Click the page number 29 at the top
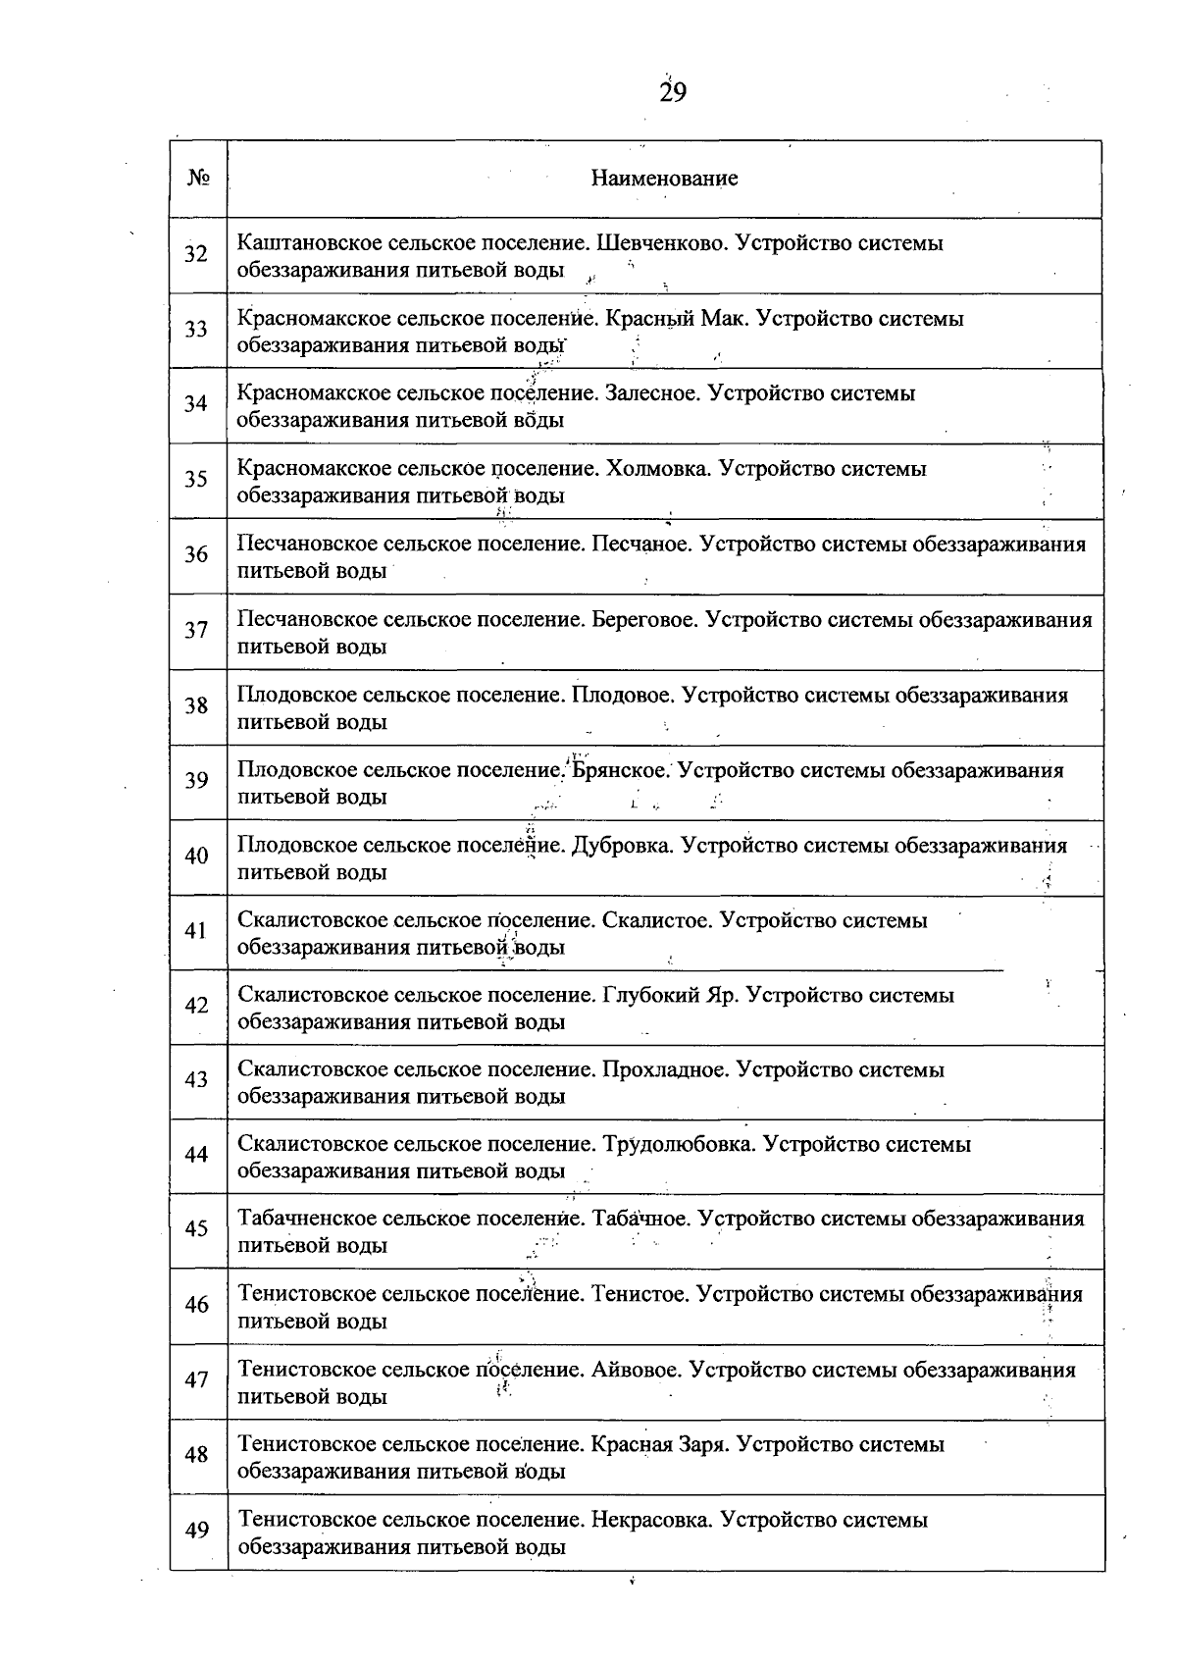pyautogui.click(x=673, y=93)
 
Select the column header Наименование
pyautogui.click(x=664, y=179)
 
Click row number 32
pyautogui.click(x=196, y=255)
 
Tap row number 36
pyautogui.click(x=196, y=555)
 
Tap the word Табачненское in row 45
pyautogui.click(x=306, y=1220)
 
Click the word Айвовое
pyautogui.click(x=636, y=1371)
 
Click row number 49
pyautogui.click(x=196, y=1531)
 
